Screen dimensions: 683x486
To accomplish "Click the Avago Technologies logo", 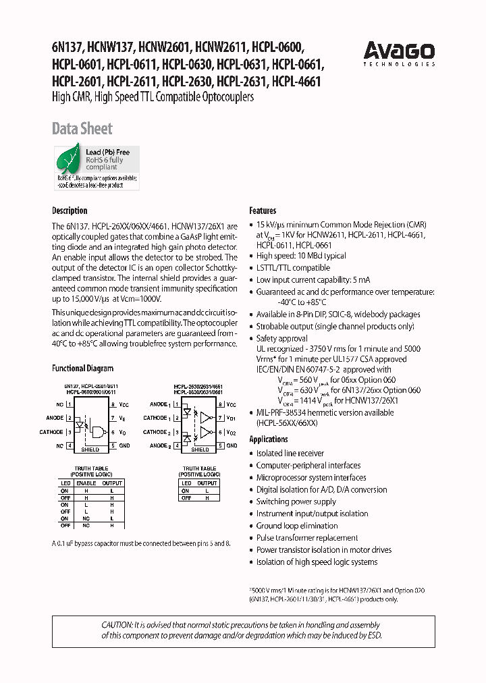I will (x=399, y=53).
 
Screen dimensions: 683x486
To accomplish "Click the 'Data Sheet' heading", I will (x=82, y=128).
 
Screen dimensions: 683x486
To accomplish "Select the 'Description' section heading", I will (x=70, y=211).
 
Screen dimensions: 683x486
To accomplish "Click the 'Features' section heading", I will (x=263, y=211).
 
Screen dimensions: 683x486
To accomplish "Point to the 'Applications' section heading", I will (x=269, y=439).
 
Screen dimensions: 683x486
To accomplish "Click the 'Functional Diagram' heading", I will (x=82, y=368).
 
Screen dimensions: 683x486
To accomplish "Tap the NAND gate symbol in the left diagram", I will (x=98, y=432).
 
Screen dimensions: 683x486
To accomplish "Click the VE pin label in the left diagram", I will (x=124, y=418).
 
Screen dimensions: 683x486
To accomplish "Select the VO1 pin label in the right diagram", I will (x=231, y=418).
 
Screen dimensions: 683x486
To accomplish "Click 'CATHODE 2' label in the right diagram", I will (x=155, y=432).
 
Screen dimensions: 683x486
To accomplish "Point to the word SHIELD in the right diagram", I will (x=200, y=449).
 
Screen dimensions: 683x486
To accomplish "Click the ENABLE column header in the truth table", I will (x=86, y=483).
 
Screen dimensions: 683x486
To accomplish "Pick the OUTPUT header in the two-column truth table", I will (x=207, y=483).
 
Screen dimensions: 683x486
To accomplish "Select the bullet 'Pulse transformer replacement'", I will (x=307, y=538).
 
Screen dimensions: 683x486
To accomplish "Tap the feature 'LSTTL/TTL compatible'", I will (x=293, y=268).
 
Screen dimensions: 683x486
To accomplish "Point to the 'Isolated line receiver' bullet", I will (x=290, y=454).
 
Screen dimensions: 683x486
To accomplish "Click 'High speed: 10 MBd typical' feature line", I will (x=301, y=256).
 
